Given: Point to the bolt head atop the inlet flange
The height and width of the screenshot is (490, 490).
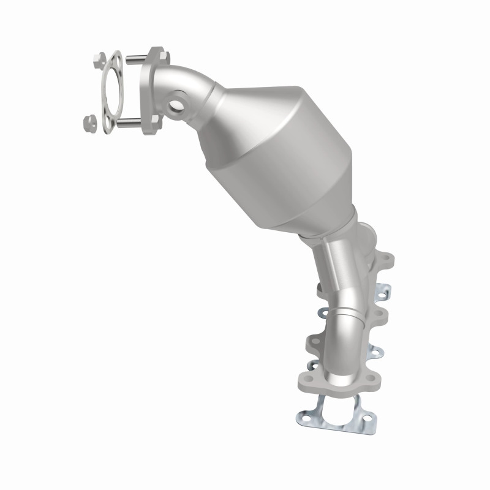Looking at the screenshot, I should [x=159, y=53].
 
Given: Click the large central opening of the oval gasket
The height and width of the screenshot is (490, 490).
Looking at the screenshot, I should [x=111, y=92].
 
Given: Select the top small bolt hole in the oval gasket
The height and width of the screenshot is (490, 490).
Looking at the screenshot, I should [x=113, y=59].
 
